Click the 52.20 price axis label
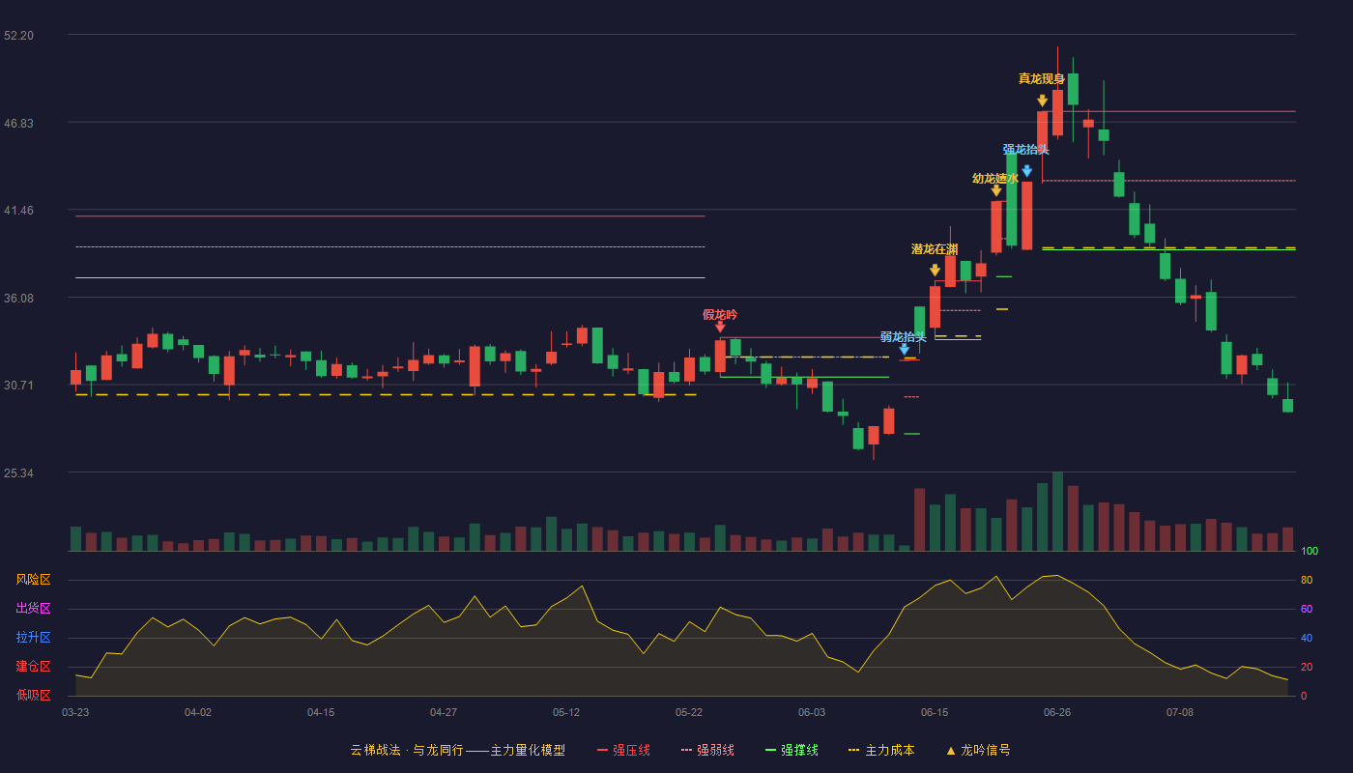(x=18, y=36)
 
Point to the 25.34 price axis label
(x=18, y=473)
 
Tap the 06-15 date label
(x=935, y=713)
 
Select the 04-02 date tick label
(x=198, y=713)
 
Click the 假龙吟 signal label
(x=720, y=315)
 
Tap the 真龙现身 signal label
(x=1042, y=78)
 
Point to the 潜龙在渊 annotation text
(x=935, y=249)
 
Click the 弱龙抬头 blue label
(x=903, y=337)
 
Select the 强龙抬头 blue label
(x=1025, y=150)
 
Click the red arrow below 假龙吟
(x=720, y=327)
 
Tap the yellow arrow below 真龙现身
(x=1042, y=100)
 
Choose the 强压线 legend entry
(x=623, y=750)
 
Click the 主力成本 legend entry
(x=881, y=750)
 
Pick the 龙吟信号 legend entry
(x=978, y=750)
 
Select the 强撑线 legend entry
(x=792, y=750)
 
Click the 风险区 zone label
(x=33, y=580)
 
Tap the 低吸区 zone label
(x=33, y=696)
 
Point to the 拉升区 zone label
(x=33, y=638)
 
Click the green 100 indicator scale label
(x=1310, y=551)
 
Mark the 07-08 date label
(x=1180, y=713)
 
